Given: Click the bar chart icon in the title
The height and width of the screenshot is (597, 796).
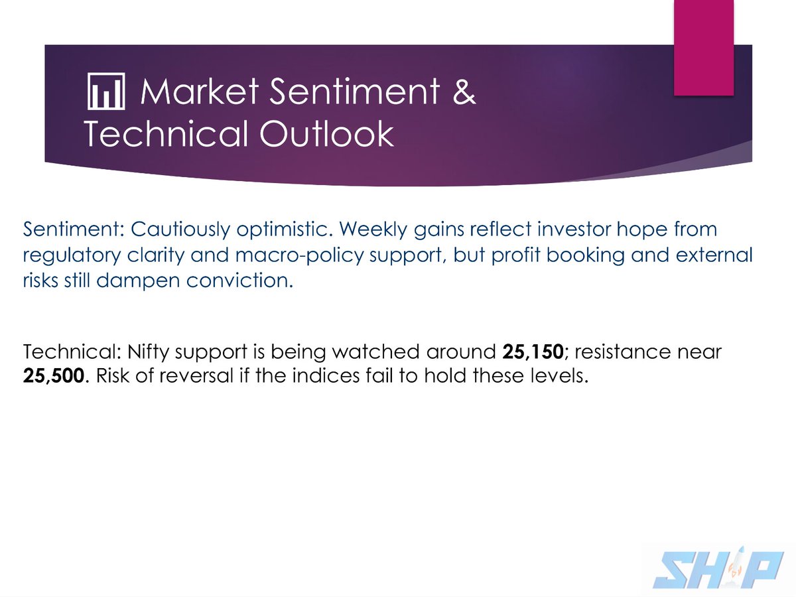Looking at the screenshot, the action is (x=106, y=91).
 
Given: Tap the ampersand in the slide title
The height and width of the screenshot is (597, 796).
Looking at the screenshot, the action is (x=464, y=92).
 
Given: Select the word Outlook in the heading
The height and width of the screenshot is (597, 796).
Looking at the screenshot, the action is (x=326, y=133).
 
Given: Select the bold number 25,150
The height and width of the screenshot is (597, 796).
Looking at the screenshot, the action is (x=533, y=352).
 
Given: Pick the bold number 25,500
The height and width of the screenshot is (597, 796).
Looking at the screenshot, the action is (x=53, y=375).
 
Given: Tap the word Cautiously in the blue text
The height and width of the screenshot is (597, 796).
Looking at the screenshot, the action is (x=180, y=230).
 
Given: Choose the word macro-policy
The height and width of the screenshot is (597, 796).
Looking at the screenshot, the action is (x=299, y=255).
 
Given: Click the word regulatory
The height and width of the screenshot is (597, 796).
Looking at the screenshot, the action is (x=72, y=255).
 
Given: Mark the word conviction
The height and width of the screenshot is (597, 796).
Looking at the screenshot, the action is (x=239, y=280).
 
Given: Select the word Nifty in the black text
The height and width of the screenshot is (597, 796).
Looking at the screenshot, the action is (x=149, y=352).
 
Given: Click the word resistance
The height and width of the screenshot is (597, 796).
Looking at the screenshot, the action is (x=623, y=352).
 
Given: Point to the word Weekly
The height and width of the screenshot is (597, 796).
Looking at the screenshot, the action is (x=374, y=230).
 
